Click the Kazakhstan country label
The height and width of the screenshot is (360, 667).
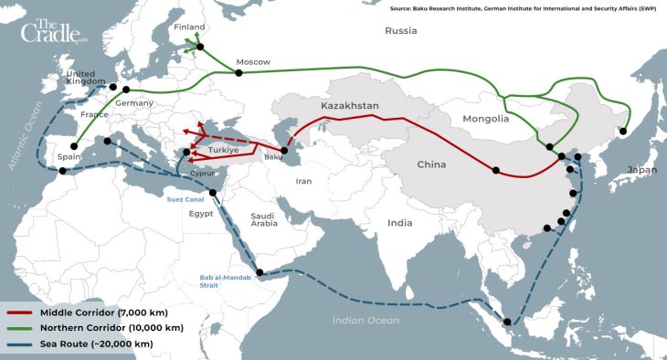pyautogui.click(x=349, y=106)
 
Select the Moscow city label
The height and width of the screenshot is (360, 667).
pyautogui.click(x=253, y=62)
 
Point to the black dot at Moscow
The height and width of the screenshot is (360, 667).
pyautogui.click(x=239, y=72)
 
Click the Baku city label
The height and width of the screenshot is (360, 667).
pyautogui.click(x=273, y=158)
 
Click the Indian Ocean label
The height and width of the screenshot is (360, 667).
pyautogui.click(x=366, y=320)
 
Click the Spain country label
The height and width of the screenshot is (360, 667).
pyautogui.click(x=70, y=156)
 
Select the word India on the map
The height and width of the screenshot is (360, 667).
pyautogui.click(x=399, y=222)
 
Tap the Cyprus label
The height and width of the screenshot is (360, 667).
pyautogui.click(x=203, y=172)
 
